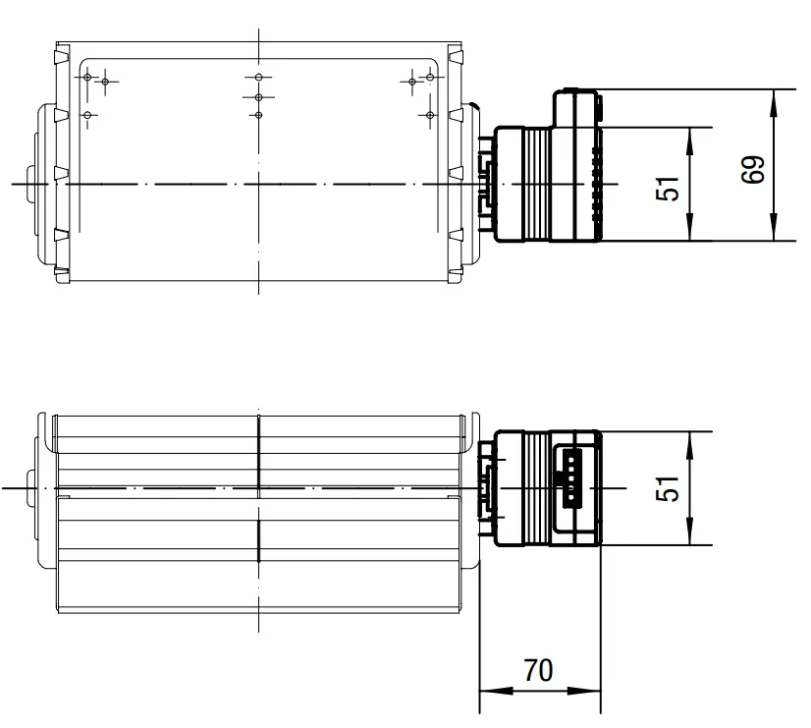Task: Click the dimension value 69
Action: pos(752,169)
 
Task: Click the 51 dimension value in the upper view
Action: pos(667,189)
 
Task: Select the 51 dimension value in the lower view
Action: pos(667,488)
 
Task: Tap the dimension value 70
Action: pos(538,671)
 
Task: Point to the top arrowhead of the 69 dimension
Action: pos(774,104)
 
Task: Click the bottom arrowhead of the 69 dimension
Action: pos(774,226)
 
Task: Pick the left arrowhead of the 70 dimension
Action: pos(497,691)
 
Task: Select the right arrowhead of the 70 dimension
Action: pos(584,691)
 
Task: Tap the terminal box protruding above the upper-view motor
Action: pos(577,108)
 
